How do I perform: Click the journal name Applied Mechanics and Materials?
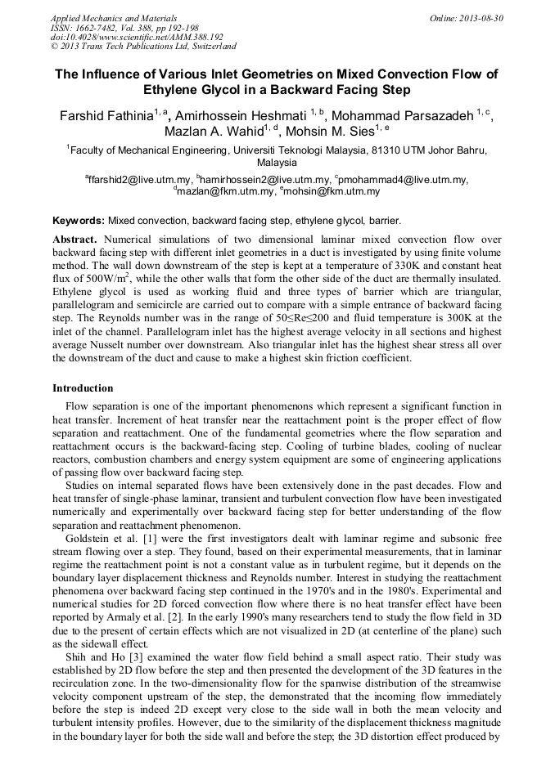point(114,18)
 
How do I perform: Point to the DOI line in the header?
point(137,37)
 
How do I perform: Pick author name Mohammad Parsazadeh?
point(404,116)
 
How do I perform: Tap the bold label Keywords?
point(79,221)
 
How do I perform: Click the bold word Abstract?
point(76,240)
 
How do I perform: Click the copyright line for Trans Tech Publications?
point(143,47)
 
